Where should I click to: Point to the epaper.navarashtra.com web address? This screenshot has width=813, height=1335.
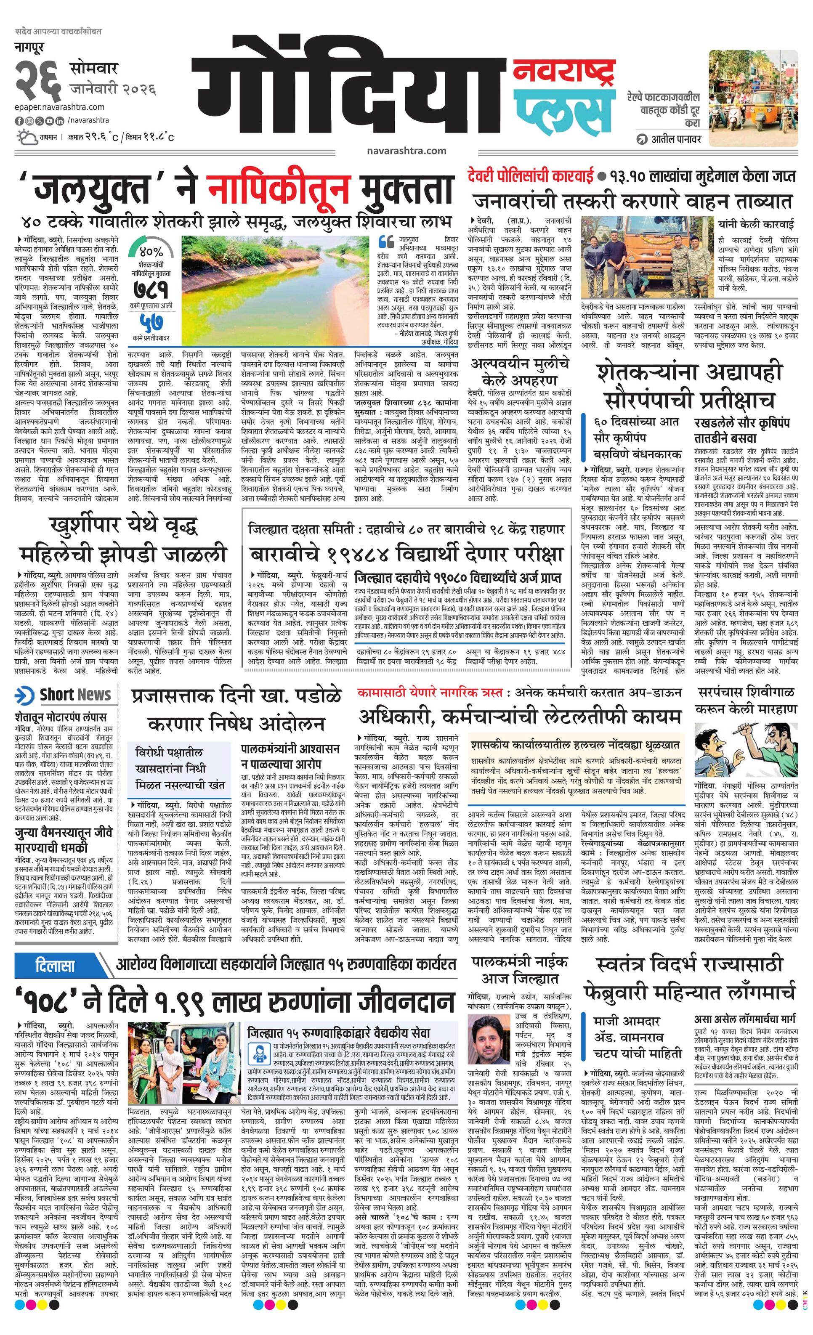tap(60, 107)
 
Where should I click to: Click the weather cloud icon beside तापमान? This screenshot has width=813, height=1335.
tap(24, 137)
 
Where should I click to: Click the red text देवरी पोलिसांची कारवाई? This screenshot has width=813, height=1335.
tap(529, 176)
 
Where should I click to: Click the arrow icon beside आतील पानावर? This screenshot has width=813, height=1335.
tap(643, 139)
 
